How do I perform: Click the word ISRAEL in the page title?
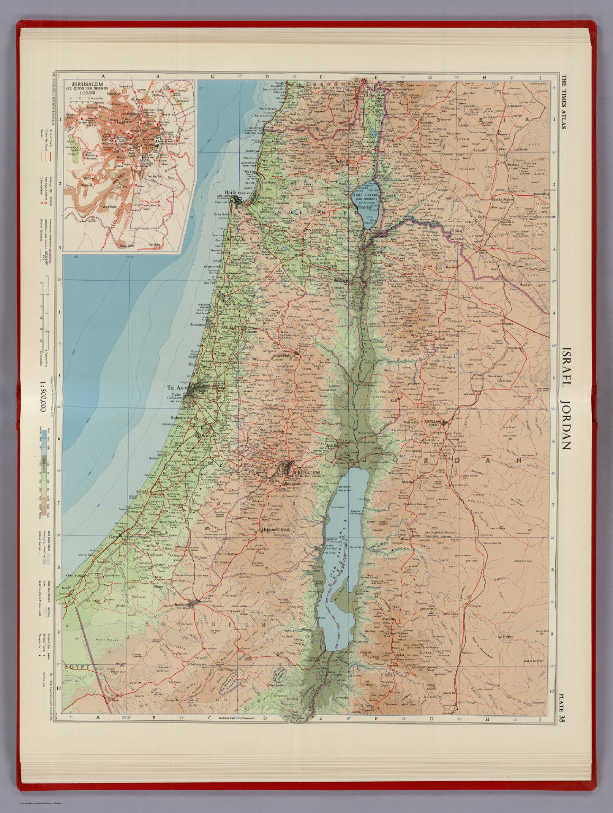pyautogui.click(x=565, y=367)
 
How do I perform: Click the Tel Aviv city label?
pyautogui.click(x=178, y=387)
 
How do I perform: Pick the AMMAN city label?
pyautogui.click(x=434, y=422)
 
